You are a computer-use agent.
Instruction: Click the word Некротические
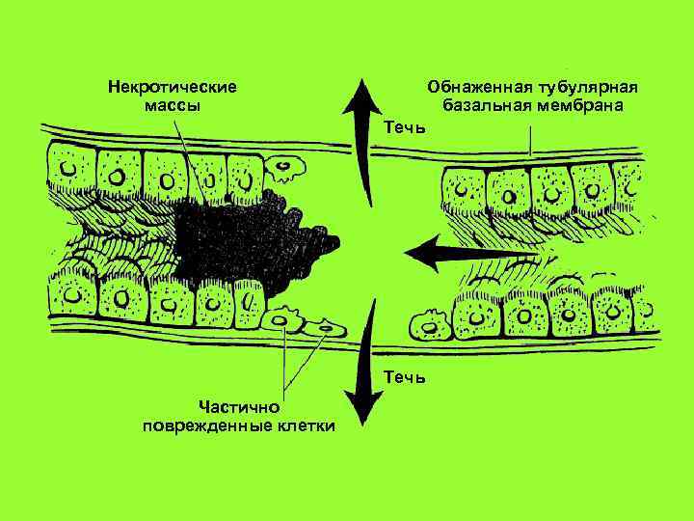[173, 86]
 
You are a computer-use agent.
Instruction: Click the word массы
[173, 104]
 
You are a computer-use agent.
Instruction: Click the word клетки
[303, 425]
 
